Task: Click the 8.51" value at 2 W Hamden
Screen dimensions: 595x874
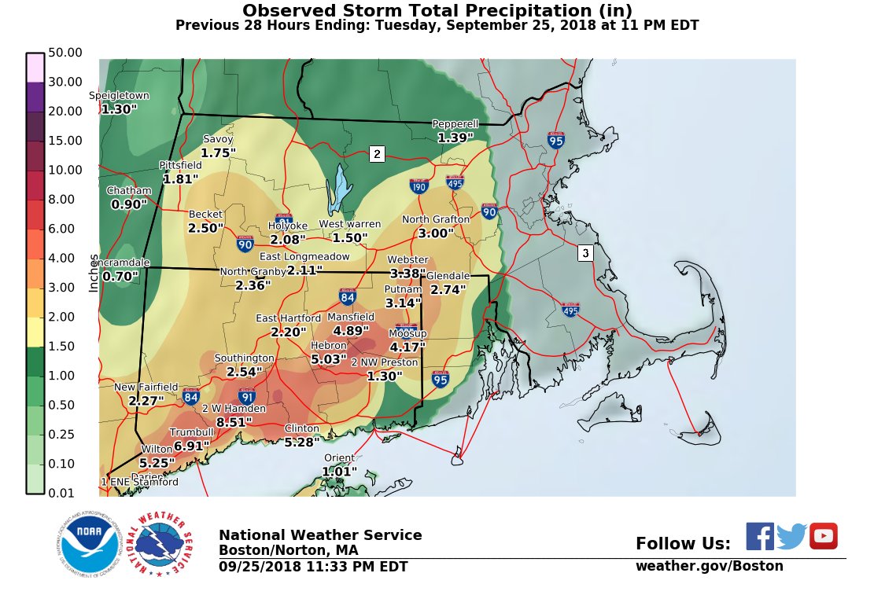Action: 233,422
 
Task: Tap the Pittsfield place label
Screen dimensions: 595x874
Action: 180,166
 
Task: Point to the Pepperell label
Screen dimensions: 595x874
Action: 455,124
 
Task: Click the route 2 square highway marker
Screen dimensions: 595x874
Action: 377,154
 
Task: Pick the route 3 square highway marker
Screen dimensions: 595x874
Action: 585,253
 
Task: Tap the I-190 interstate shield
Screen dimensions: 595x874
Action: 419,185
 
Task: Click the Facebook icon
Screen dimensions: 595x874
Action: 759,536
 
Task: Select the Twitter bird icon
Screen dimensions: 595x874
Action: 791,537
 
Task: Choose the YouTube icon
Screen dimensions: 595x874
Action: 823,536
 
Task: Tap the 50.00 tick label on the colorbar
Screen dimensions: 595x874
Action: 65,53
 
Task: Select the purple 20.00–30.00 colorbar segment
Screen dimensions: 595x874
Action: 35,97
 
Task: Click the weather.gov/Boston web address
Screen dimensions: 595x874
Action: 709,566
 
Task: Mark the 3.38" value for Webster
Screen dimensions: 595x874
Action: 407,274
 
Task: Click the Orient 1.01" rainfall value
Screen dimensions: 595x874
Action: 339,472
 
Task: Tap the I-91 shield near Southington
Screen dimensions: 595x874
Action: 247,396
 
